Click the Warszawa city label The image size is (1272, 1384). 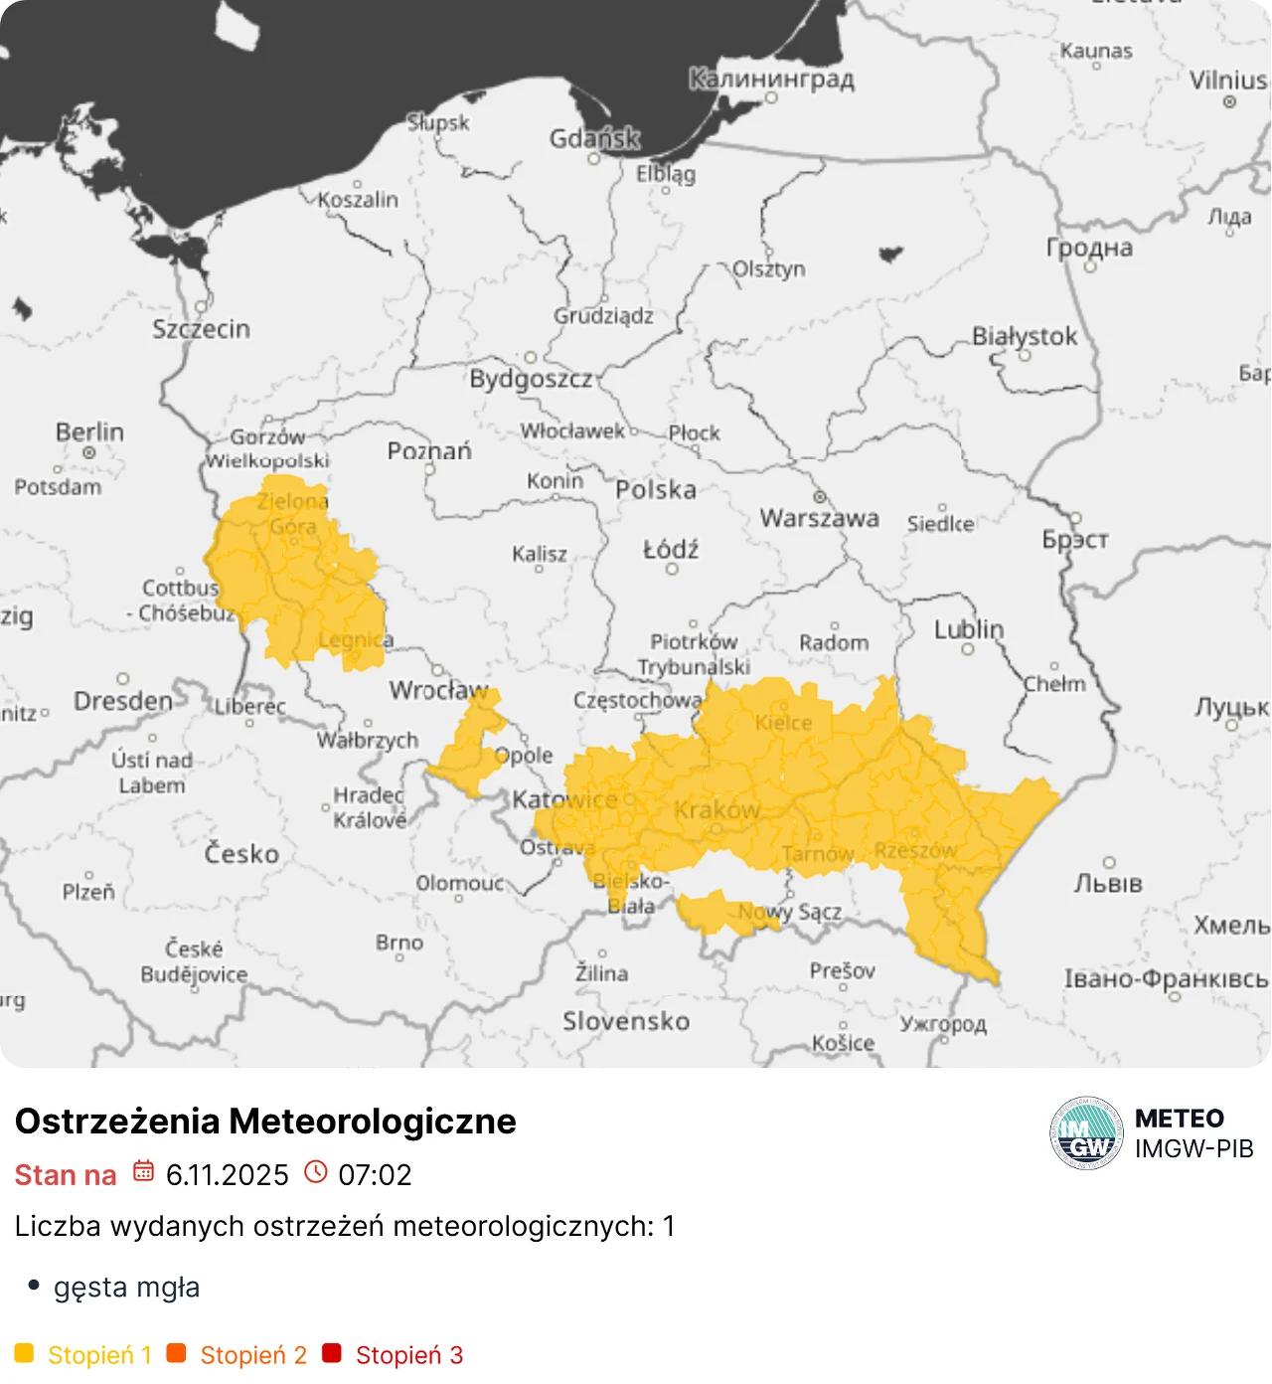tap(819, 518)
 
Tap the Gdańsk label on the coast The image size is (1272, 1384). tap(594, 138)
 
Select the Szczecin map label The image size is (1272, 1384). tap(201, 329)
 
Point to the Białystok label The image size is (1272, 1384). tap(1024, 336)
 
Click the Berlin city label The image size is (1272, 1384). tap(89, 432)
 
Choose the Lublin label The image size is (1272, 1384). tap(969, 629)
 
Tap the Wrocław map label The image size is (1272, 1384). tap(438, 690)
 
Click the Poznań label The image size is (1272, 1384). tap(429, 451)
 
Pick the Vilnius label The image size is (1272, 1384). tap(1228, 80)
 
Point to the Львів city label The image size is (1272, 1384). tap(1108, 883)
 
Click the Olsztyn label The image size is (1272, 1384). tap(768, 268)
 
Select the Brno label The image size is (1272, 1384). tap(399, 942)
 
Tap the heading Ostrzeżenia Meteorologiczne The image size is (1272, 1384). tap(265, 1121)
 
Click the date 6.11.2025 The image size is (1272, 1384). tap(227, 1175)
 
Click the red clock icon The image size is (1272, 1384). tap(315, 1172)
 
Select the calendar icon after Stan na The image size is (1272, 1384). tap(143, 1171)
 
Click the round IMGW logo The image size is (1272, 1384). tap(1086, 1133)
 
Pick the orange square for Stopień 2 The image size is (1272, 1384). tap(177, 1353)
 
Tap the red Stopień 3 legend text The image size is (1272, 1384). tap(408, 1355)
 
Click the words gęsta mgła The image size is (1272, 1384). tap(126, 1288)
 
